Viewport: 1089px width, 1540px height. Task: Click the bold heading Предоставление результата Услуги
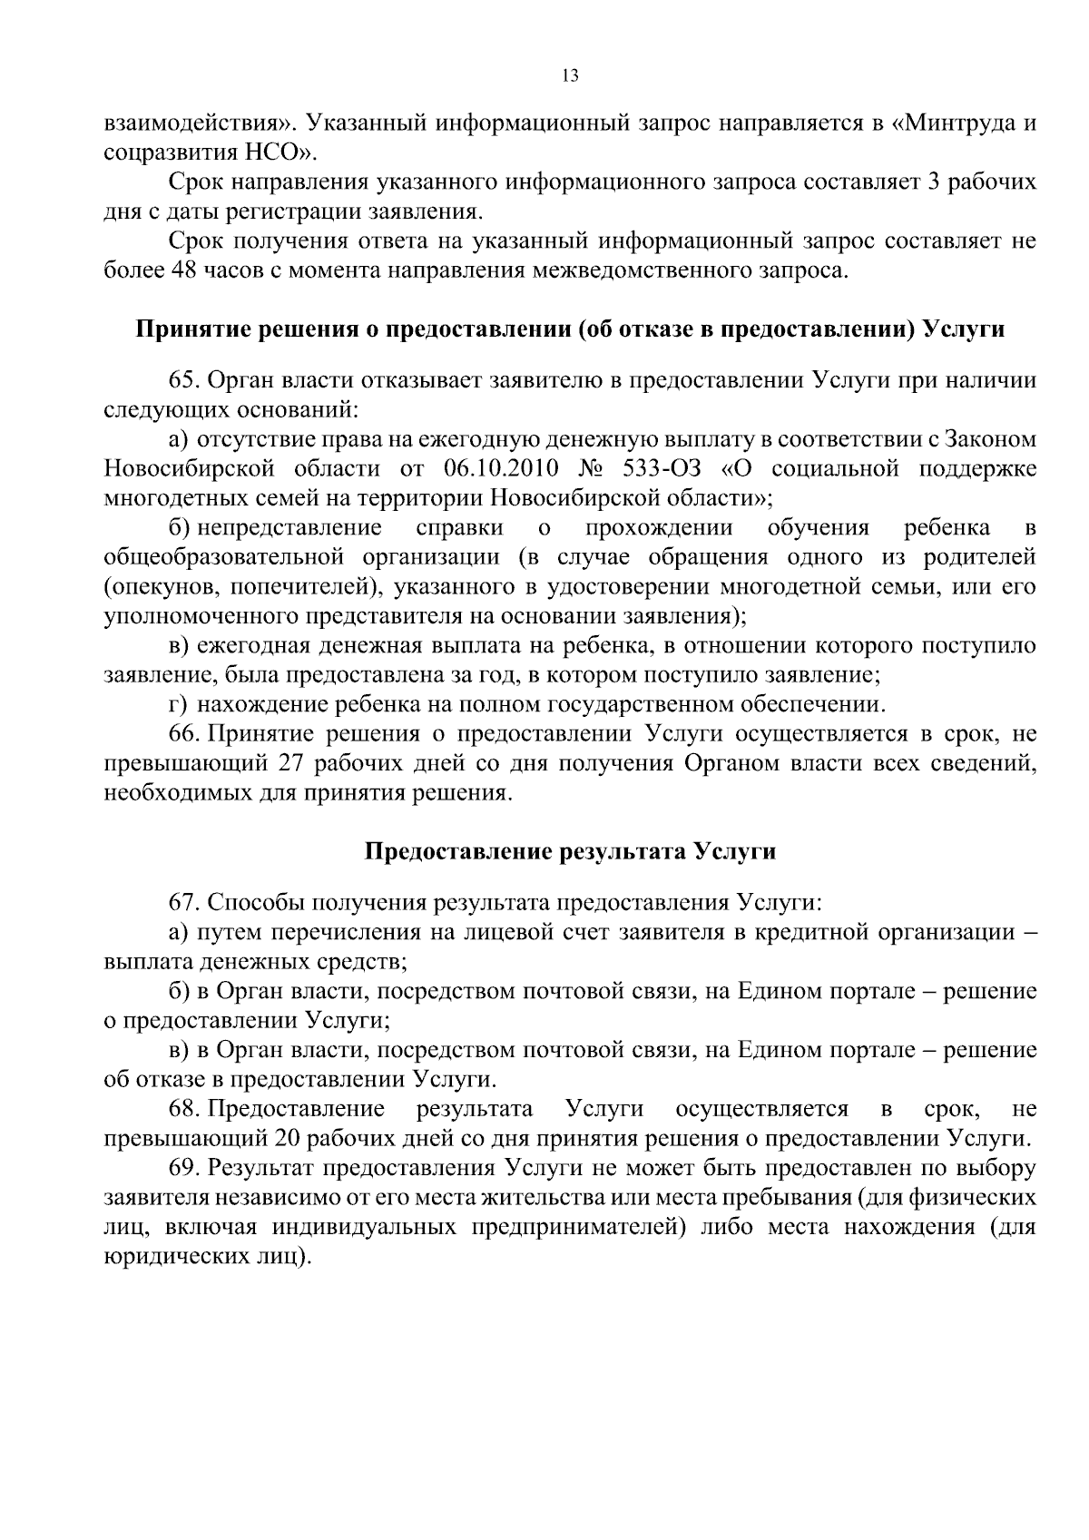[x=570, y=851]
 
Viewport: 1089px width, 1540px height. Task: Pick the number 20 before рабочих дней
[x=285, y=1139]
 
